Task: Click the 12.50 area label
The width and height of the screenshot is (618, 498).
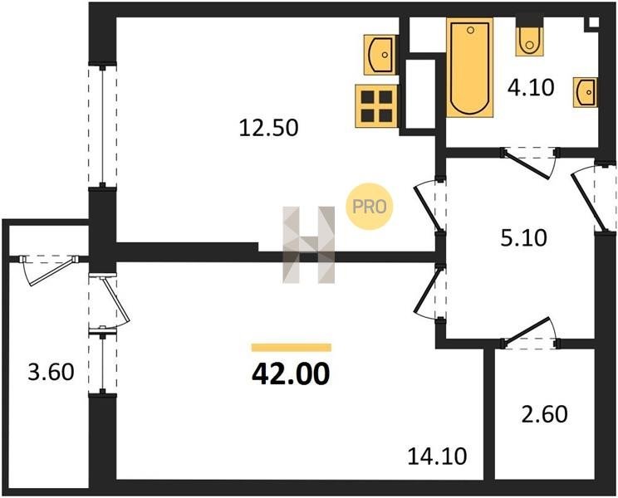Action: tap(268, 128)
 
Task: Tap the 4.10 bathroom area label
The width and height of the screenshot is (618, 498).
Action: tap(531, 87)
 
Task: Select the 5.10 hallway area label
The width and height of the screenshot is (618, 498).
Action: tap(524, 238)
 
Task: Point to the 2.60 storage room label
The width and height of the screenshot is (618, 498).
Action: tap(545, 414)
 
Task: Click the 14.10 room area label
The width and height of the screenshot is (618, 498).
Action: tap(437, 456)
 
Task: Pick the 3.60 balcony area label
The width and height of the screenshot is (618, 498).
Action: tap(51, 372)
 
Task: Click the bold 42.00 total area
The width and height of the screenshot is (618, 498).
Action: tap(291, 374)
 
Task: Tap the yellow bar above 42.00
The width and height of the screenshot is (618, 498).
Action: tap(292, 347)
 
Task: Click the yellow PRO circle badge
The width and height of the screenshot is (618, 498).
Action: tap(370, 207)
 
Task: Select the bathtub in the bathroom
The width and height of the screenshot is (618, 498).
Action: tap(470, 67)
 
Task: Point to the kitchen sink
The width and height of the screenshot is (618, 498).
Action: tap(380, 55)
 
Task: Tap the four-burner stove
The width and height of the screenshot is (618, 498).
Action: tap(377, 106)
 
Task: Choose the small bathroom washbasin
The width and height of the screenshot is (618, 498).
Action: tap(585, 92)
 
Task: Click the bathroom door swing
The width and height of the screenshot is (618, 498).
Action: tap(528, 163)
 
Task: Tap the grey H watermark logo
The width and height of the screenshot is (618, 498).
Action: tap(309, 245)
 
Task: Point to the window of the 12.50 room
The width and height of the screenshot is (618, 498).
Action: tap(102, 126)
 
